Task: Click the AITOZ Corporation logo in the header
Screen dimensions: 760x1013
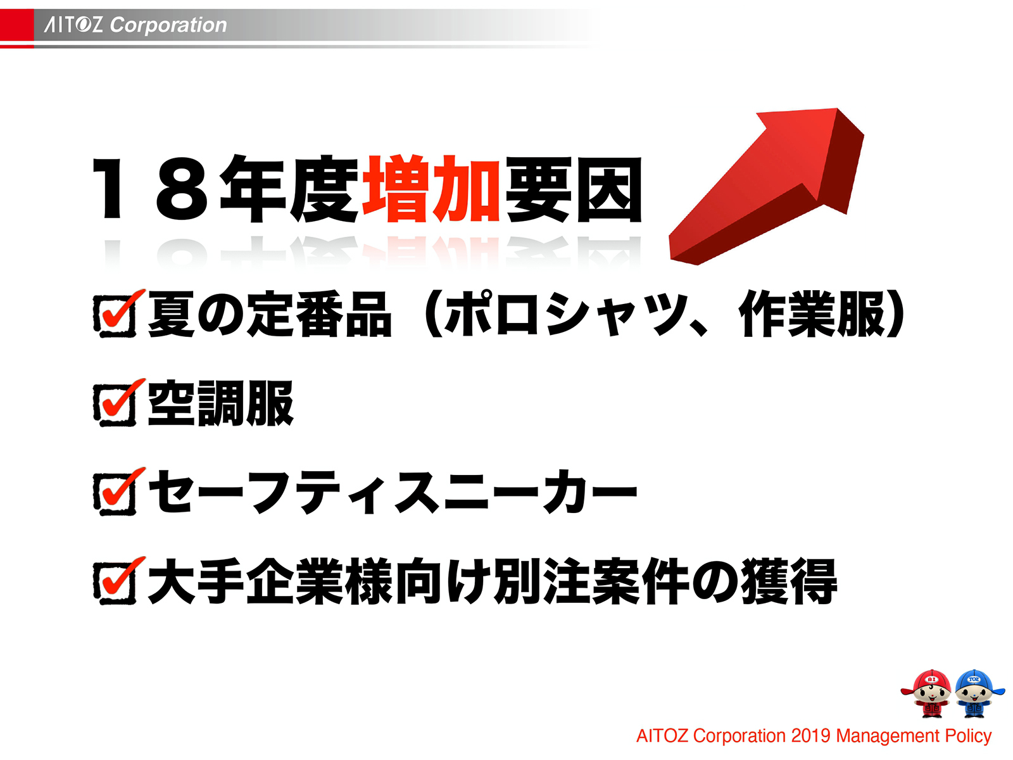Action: tap(135, 25)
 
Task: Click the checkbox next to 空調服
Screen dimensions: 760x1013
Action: tap(116, 403)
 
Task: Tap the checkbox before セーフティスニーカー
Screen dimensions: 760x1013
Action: tap(116, 492)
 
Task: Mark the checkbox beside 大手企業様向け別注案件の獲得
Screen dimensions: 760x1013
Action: tap(116, 581)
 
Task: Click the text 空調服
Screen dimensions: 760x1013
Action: tap(221, 403)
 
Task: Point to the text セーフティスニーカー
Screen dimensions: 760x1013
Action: tap(393, 492)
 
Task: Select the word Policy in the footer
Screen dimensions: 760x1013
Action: tap(968, 736)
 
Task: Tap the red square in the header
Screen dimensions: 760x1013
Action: tap(16, 25)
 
